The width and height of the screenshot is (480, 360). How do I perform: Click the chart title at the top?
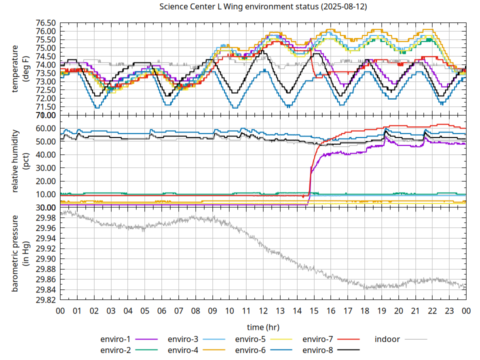pyautogui.click(x=262, y=7)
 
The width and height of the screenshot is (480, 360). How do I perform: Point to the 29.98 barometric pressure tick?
pyautogui.click(x=45, y=218)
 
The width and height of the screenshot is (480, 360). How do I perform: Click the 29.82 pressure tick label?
pyautogui.click(x=45, y=300)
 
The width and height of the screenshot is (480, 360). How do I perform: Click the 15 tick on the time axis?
pyautogui.click(x=314, y=310)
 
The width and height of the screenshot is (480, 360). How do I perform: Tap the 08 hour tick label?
pyautogui.click(x=195, y=310)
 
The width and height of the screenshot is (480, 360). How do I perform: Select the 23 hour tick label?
pyautogui.click(x=449, y=310)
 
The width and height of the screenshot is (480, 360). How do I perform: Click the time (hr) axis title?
pyautogui.click(x=262, y=327)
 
